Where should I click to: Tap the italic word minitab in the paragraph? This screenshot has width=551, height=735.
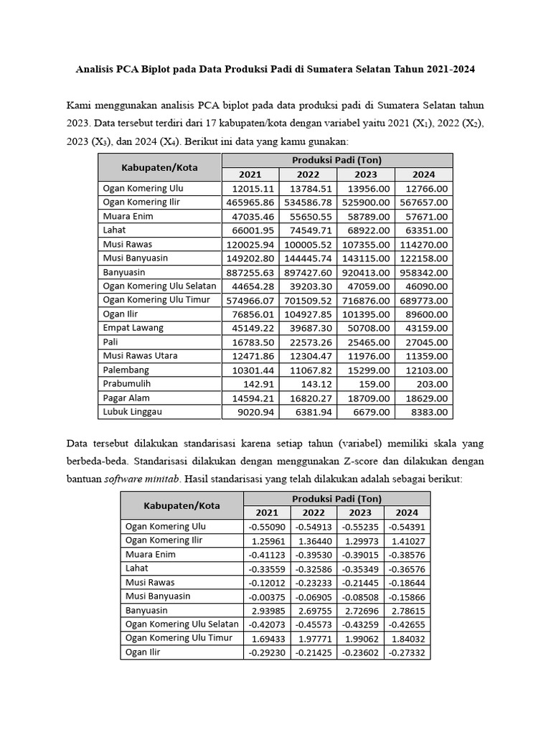point(171,478)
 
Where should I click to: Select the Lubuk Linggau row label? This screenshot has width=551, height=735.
point(133,412)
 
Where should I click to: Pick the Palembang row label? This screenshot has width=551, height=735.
point(126,370)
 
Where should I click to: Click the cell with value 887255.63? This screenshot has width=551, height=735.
point(250,272)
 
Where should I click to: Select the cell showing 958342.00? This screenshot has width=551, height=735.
point(424,272)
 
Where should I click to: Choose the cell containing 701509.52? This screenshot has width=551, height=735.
point(308,300)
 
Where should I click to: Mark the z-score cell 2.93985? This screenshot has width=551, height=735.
point(267,610)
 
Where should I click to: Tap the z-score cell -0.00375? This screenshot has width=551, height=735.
point(267,596)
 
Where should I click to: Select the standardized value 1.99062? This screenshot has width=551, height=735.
point(360,638)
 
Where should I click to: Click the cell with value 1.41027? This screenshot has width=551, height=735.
point(407,540)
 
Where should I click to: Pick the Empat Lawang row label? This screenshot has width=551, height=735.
point(133,328)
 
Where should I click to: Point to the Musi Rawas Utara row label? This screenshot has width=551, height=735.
point(141,356)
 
